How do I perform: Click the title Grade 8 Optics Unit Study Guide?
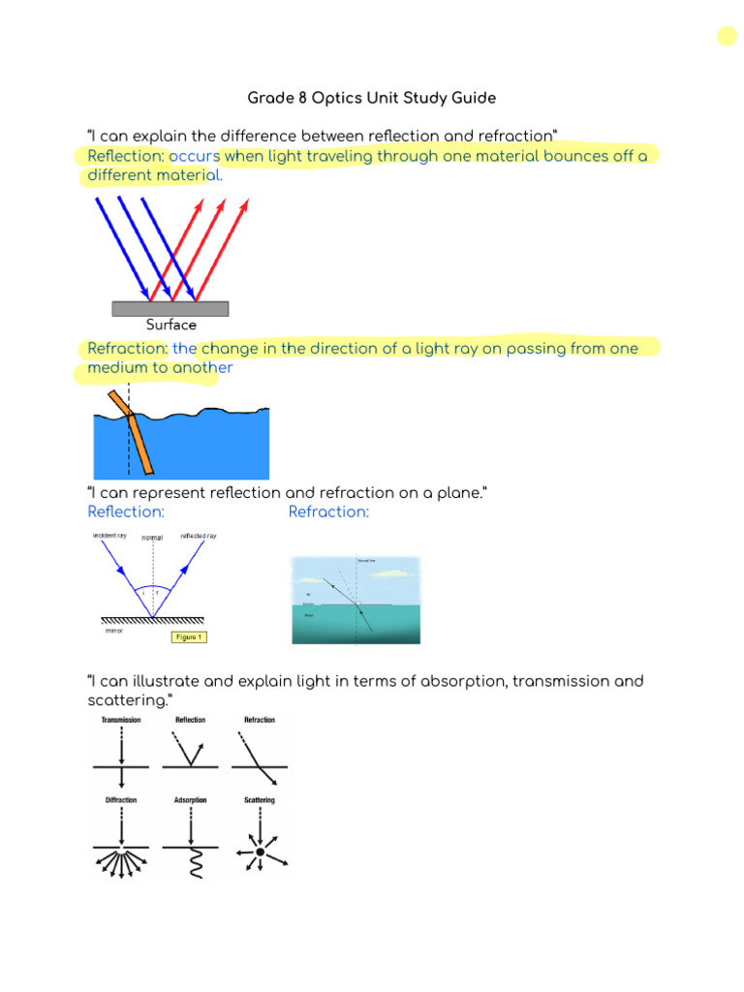[372, 98]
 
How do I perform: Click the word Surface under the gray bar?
[170, 325]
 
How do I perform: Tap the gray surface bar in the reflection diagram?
[170, 308]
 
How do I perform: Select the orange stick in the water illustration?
[133, 431]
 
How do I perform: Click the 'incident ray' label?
[109, 535]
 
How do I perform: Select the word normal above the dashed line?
[152, 538]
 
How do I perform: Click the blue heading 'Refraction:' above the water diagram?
[328, 511]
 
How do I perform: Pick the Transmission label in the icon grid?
[120, 720]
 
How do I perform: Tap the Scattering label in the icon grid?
[259, 800]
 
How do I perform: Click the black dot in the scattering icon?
[259, 852]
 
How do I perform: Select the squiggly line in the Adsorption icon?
[190, 863]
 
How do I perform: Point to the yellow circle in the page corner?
[727, 37]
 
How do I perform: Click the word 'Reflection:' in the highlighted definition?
[126, 156]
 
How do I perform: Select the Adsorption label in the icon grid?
[190, 800]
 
